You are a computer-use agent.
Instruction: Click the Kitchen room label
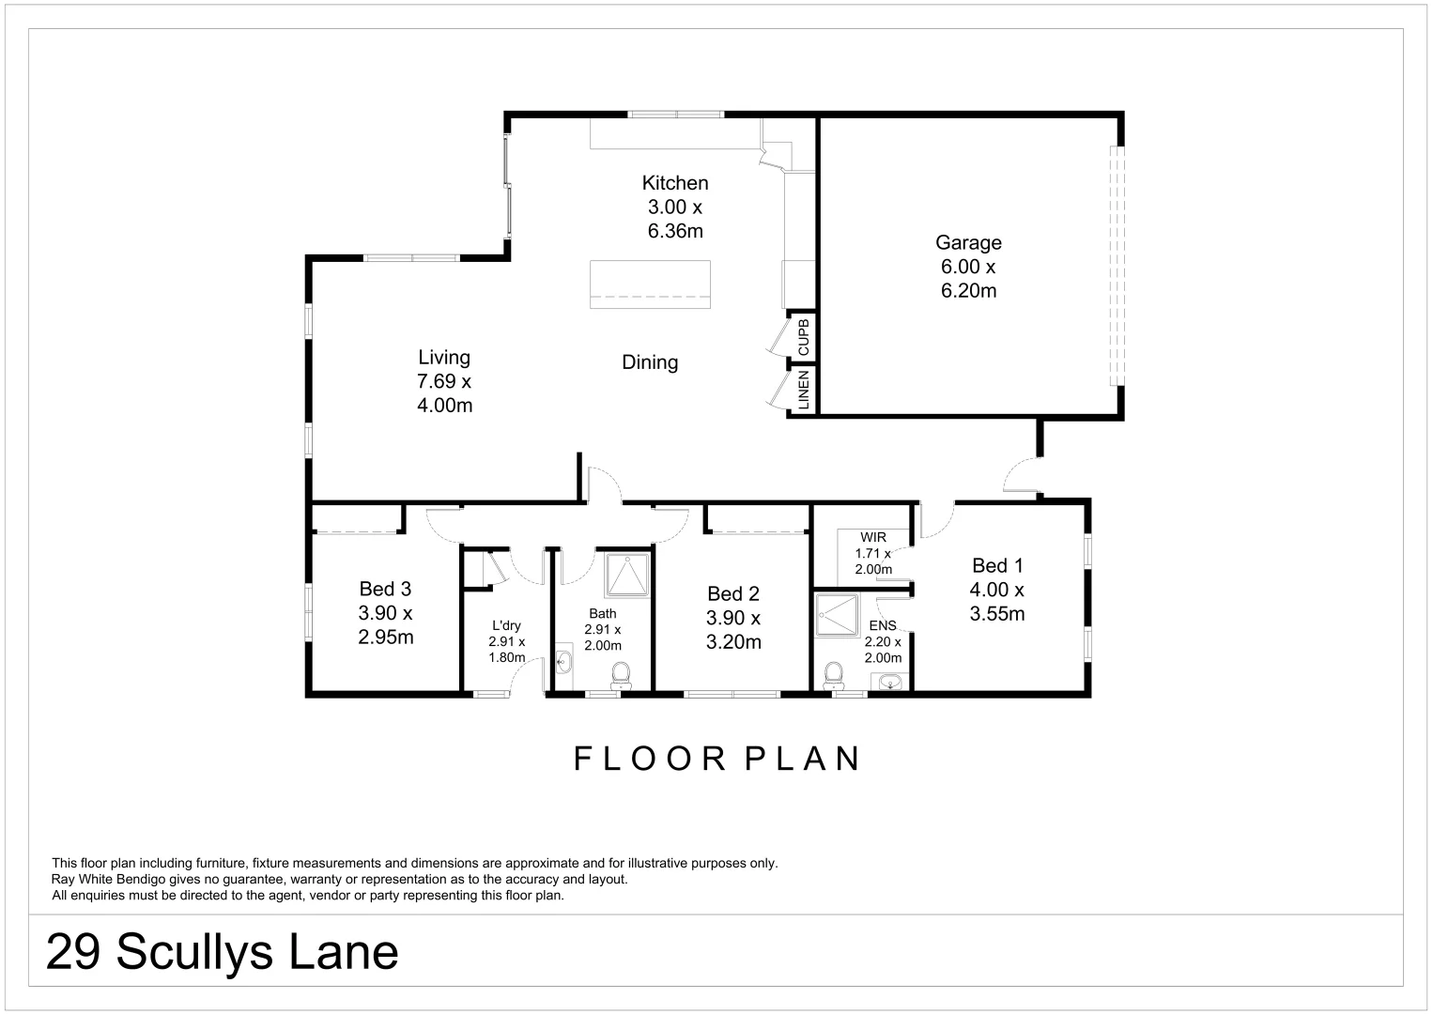pos(674,183)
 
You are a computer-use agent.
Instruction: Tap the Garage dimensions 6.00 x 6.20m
pos(968,279)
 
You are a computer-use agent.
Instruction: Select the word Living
pos(444,358)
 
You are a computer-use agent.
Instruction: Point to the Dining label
pos(650,362)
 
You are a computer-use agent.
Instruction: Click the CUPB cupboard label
pos(803,337)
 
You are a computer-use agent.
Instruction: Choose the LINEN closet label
pos(803,391)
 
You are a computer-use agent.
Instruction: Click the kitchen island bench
pos(650,284)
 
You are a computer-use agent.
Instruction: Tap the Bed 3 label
pos(385,590)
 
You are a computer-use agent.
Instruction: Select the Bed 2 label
pos(732,593)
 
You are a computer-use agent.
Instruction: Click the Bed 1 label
pos(996,565)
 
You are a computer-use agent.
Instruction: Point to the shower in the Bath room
pos(626,576)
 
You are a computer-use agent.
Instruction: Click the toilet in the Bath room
pos(621,675)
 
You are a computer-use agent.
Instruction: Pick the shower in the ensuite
pos(837,615)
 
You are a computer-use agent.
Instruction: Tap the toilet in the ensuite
pos(833,675)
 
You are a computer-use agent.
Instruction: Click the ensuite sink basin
pos(887,682)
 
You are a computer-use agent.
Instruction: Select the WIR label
pos(872,538)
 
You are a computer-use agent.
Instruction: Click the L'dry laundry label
pos(506,626)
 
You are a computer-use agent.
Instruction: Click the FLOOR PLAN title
pos(716,759)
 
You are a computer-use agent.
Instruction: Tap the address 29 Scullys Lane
pos(223,952)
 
